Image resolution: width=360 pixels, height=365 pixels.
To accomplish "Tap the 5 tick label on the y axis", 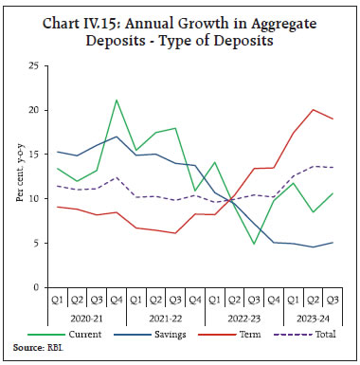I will click(35, 243).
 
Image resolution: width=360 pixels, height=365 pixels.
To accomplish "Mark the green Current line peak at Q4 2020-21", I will click(115, 100).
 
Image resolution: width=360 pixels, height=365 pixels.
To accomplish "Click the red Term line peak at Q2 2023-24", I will click(314, 109).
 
